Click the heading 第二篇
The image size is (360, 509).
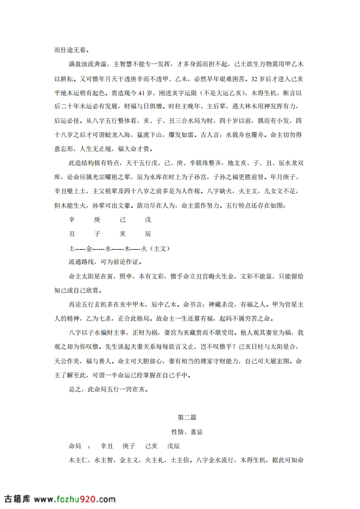[187, 417]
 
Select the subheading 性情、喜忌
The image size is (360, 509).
[187, 431]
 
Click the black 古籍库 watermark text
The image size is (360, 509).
[17, 499]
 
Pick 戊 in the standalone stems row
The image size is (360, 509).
[148, 220]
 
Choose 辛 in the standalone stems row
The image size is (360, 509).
[71, 220]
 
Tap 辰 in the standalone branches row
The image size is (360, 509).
[148, 234]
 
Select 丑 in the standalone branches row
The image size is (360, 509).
[71, 234]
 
